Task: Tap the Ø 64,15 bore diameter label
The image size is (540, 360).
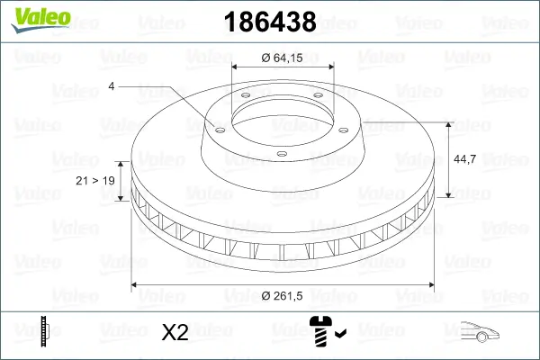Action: coord(283,58)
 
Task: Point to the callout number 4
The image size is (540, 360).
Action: coord(111,86)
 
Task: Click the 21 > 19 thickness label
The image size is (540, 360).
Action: coord(94,181)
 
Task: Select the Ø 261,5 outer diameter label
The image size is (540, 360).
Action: coord(283,296)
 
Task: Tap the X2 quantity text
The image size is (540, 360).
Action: coord(174,333)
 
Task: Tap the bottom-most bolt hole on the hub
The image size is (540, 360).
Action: coord(281,153)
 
